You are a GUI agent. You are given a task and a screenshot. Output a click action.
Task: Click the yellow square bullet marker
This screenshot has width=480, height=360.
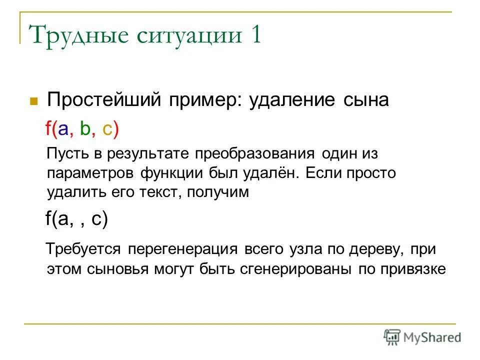click(34, 100)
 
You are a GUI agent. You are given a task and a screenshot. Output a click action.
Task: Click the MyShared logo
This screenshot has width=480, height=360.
click(422, 336)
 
